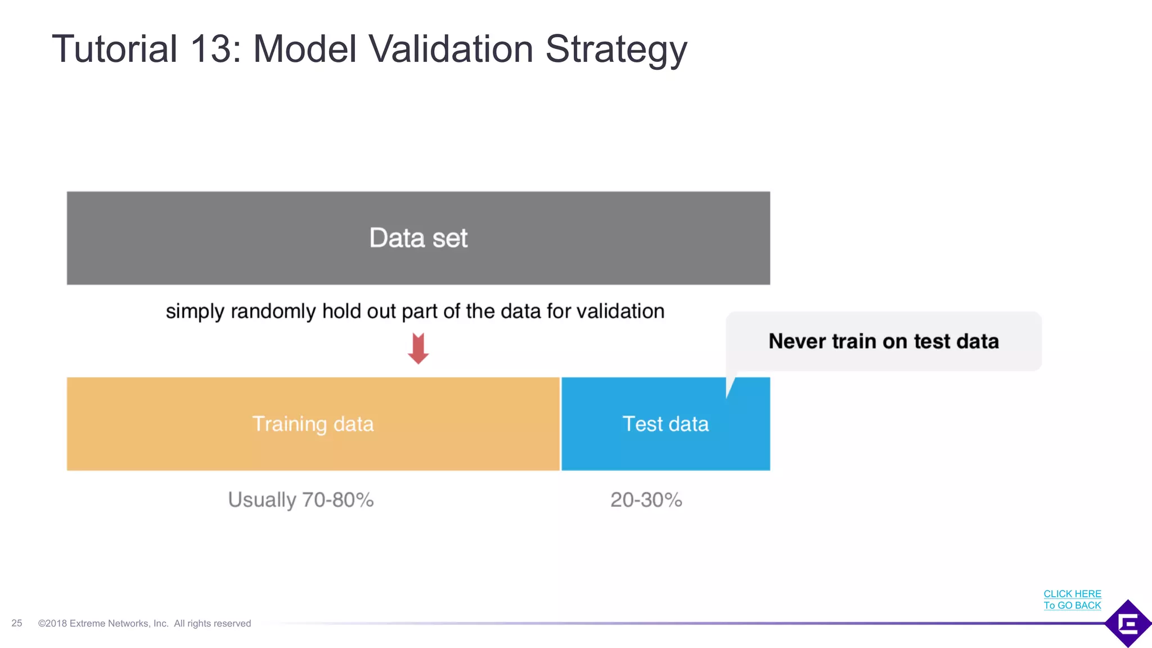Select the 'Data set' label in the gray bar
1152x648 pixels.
418,238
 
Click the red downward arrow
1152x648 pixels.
418,348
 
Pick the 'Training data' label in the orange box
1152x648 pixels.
313,424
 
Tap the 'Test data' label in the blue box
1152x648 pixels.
665,424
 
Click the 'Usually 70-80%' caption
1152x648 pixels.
301,499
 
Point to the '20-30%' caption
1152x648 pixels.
646,499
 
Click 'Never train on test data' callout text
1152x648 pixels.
883,341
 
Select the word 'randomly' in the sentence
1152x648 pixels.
273,312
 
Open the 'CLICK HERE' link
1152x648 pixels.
1072,593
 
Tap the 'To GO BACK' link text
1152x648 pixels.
1072,605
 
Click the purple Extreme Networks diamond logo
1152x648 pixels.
1128,623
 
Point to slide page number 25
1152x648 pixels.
17,623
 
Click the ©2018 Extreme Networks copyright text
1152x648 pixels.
144,623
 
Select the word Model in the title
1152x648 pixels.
305,49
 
